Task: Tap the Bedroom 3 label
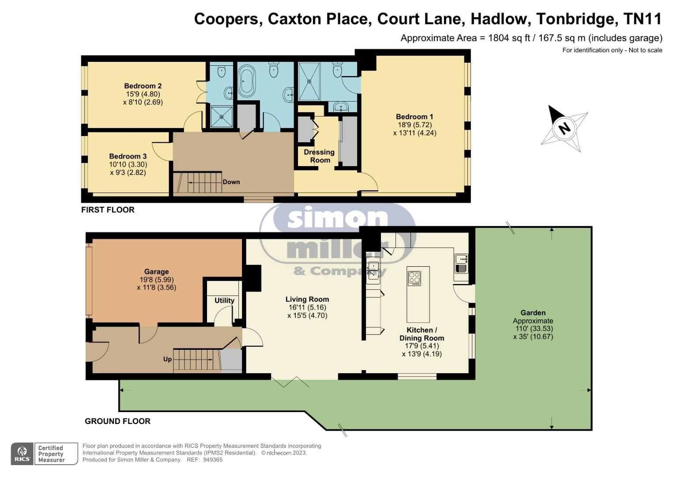[x=128, y=156]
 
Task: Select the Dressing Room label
[x=319, y=156]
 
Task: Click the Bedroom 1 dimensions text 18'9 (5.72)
[x=414, y=125]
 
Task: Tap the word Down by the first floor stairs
[x=231, y=182]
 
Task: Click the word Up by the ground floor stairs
[x=167, y=359]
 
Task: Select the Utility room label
[x=224, y=300]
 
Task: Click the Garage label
[x=156, y=272]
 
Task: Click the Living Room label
[x=307, y=299]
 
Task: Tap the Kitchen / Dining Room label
[x=422, y=334]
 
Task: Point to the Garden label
[x=533, y=313]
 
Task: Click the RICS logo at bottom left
[x=22, y=454]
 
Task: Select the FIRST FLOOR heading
[x=108, y=210]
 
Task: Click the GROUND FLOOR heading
[x=117, y=421]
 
